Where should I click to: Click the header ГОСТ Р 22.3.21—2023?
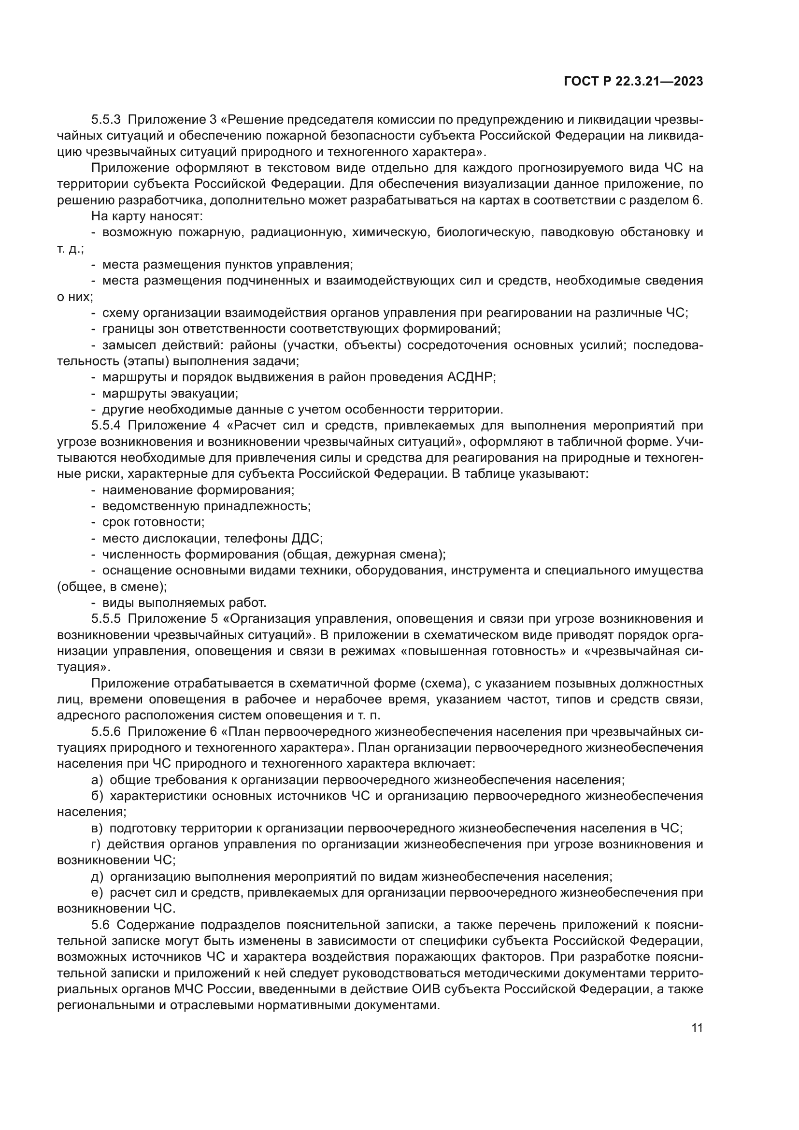click(633, 81)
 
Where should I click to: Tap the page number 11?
click(697, 1028)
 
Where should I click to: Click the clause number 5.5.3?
click(106, 120)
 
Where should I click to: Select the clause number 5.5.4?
click(106, 425)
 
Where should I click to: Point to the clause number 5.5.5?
click(106, 619)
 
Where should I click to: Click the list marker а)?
click(97, 780)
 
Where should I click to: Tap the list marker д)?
click(97, 877)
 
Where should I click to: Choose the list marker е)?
click(97, 893)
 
